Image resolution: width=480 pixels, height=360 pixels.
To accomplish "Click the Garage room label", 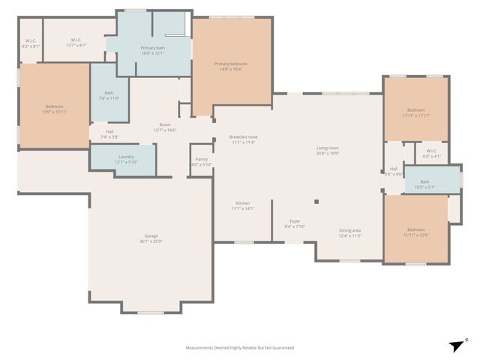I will click(x=151, y=238).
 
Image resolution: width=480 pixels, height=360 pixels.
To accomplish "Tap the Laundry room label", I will click(x=125, y=159).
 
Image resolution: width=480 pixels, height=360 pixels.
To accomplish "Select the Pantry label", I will click(x=201, y=161).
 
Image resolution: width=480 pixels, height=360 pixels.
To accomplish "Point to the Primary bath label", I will click(x=152, y=50).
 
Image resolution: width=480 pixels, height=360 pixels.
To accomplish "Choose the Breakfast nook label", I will click(x=243, y=139).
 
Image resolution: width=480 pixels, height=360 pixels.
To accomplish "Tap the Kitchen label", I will click(x=243, y=205).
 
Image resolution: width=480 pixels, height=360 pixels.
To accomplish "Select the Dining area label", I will click(x=349, y=232).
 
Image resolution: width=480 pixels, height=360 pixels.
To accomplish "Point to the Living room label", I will click(x=328, y=150).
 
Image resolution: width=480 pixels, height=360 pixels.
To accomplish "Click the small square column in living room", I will click(x=317, y=201).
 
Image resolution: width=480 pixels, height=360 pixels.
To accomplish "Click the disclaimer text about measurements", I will click(x=240, y=347).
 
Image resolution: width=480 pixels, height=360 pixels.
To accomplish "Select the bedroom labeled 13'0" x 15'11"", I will click(x=54, y=109).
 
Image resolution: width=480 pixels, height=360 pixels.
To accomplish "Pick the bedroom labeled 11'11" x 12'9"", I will click(x=415, y=232).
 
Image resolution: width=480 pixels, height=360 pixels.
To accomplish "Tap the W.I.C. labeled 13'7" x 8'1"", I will click(x=76, y=42).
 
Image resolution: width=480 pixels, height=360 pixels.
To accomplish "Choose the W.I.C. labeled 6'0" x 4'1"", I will click(x=430, y=153).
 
